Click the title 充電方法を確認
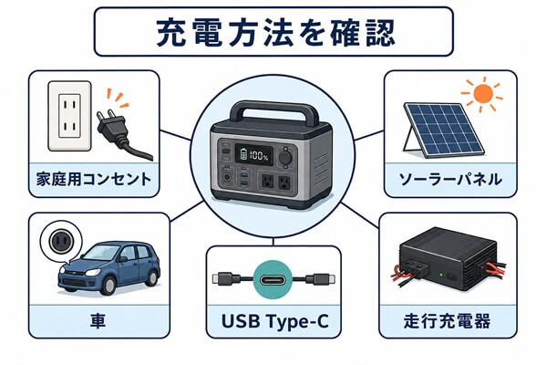(x=275, y=33)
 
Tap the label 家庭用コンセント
(x=94, y=179)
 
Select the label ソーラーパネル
(x=450, y=179)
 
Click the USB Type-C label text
(x=275, y=321)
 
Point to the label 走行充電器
(x=447, y=321)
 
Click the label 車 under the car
(x=98, y=321)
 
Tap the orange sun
(x=482, y=93)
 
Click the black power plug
(x=119, y=131)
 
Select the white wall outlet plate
(x=70, y=116)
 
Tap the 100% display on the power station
(x=254, y=154)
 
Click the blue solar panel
(x=443, y=130)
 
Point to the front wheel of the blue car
(x=108, y=286)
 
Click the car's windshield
(x=102, y=253)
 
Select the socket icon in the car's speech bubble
(x=61, y=241)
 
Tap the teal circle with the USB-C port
(x=273, y=279)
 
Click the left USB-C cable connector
(x=226, y=279)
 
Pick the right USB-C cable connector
(x=320, y=279)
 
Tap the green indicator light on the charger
(x=441, y=275)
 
